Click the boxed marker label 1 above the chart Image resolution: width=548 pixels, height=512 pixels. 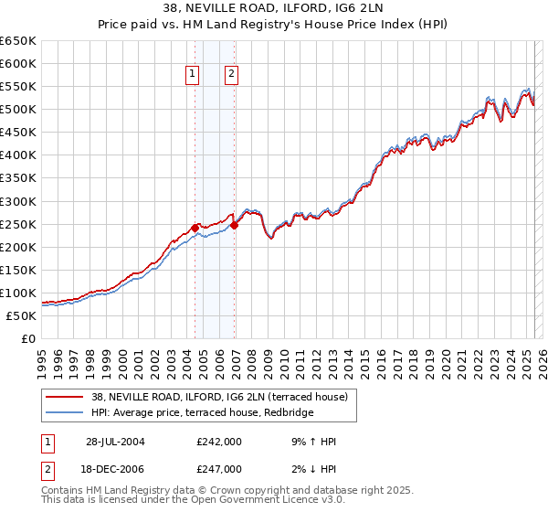(194, 75)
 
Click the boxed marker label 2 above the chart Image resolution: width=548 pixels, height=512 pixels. (231, 75)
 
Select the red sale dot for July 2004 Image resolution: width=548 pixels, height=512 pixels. (195, 228)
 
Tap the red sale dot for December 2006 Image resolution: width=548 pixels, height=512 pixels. (235, 225)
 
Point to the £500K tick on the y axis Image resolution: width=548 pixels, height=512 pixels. (19, 110)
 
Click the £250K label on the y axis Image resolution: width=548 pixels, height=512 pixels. (19, 224)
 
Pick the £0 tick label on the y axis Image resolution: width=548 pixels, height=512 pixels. (29, 338)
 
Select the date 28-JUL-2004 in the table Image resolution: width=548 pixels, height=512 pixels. (116, 442)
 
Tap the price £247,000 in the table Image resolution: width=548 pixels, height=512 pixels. (218, 468)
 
